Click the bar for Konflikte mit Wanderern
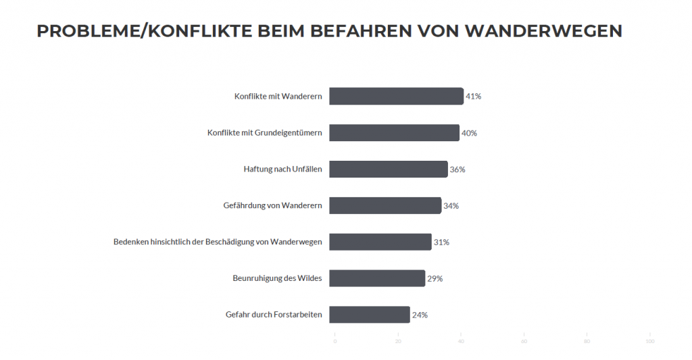tap(396, 96)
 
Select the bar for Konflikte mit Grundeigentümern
tap(394, 133)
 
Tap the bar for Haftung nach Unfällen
tap(389, 170)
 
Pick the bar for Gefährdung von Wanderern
tap(385, 206)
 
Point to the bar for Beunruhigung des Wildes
tap(377, 278)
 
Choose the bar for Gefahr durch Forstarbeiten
tap(370, 315)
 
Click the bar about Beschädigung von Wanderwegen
tap(380, 242)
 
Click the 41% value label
tap(473, 97)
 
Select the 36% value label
tap(458, 170)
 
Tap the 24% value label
tap(420, 315)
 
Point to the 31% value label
tap(441, 242)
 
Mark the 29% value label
tap(435, 278)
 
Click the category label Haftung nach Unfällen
tap(282, 170)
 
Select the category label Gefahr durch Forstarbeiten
tap(274, 315)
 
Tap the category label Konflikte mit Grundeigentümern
tap(264, 133)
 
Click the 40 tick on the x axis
tap(461, 341)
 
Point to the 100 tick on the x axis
tap(649, 341)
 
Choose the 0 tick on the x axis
tap(335, 341)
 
